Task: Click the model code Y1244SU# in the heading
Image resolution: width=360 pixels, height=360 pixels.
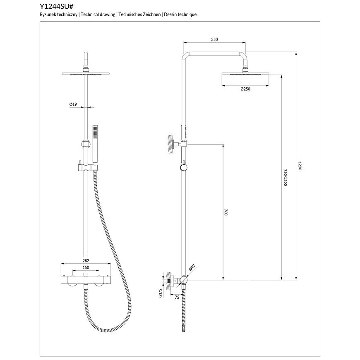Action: (x=56, y=6)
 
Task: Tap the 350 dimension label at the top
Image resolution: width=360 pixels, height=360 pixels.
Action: (x=214, y=39)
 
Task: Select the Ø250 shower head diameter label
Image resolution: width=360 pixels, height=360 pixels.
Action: (x=245, y=89)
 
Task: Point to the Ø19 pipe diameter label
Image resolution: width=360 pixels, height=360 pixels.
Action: (x=73, y=104)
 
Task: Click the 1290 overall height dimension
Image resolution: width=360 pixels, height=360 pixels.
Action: (x=300, y=166)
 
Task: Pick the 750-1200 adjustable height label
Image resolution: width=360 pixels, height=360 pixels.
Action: (x=286, y=178)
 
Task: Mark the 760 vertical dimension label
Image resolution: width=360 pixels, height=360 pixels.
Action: (x=226, y=212)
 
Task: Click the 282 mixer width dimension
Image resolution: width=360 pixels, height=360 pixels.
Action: (x=86, y=261)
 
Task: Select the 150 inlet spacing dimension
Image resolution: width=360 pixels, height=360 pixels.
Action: (x=86, y=267)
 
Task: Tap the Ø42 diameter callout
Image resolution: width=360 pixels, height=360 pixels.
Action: (x=192, y=267)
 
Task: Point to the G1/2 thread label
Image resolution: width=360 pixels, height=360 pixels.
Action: (x=160, y=293)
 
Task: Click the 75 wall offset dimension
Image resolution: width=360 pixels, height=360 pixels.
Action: (x=177, y=298)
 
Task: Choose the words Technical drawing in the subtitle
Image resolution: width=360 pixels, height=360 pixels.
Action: (x=98, y=14)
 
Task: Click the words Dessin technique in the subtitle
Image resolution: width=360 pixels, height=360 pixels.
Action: (x=180, y=14)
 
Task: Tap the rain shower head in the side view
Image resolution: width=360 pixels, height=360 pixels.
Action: (x=245, y=73)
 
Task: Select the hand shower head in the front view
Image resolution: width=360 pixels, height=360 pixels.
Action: (x=95, y=132)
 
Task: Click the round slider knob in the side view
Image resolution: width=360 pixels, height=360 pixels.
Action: (x=184, y=168)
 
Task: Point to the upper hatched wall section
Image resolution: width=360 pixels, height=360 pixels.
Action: (x=170, y=144)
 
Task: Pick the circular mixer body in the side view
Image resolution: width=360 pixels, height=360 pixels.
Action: (x=184, y=280)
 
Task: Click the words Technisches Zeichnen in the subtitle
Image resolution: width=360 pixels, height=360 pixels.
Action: (x=139, y=14)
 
